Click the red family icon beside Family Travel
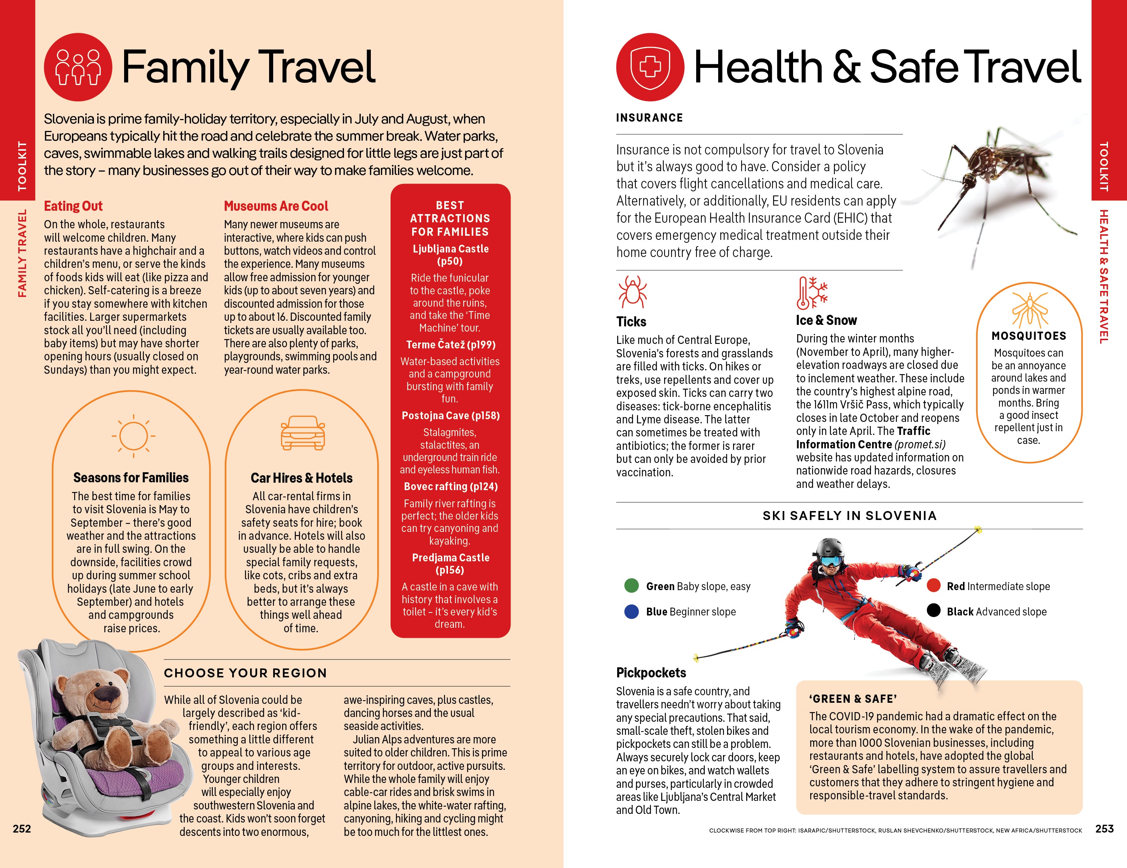point(78,67)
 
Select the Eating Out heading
point(73,206)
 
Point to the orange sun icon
point(133,435)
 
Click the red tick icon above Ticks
point(632,292)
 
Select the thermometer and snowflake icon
point(812,292)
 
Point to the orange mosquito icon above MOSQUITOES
point(1029,310)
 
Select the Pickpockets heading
point(651,672)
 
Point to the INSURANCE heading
point(649,118)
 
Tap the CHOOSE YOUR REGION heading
point(245,673)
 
